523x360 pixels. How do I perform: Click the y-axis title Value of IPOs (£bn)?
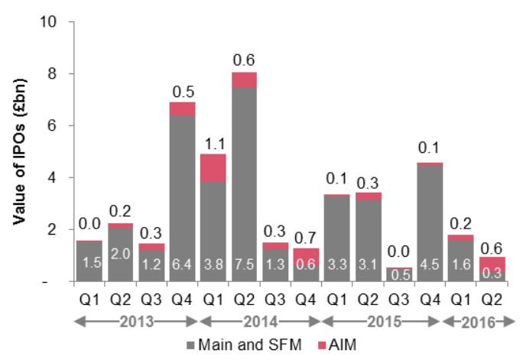[x=20, y=151]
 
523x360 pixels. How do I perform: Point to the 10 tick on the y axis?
[x=48, y=21]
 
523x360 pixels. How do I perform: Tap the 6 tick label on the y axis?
[x=52, y=125]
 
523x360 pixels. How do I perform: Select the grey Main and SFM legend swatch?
[x=190, y=345]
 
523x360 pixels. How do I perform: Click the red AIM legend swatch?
[x=322, y=345]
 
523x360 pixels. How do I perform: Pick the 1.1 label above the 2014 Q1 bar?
[x=215, y=144]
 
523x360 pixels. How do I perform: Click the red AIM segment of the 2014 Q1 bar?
[x=213, y=168]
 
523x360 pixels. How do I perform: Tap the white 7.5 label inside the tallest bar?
[x=244, y=264]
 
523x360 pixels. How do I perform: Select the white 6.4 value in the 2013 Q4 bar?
[x=182, y=264]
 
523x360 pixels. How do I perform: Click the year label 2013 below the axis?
[x=137, y=322]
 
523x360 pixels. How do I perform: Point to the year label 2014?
[x=261, y=322]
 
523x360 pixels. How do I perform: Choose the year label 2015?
[x=385, y=322]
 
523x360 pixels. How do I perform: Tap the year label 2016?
[x=479, y=323]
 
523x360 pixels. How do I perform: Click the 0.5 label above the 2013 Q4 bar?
[x=184, y=92]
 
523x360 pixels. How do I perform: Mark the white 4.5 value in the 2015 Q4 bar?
[x=430, y=264]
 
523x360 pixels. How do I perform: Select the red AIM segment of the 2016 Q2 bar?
[x=492, y=264]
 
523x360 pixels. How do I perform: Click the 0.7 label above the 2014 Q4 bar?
[x=305, y=238]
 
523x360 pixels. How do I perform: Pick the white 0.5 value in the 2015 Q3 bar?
[x=400, y=274]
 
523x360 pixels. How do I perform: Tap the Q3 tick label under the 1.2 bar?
[x=151, y=300]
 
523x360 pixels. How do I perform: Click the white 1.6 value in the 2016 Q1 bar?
[x=460, y=264]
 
